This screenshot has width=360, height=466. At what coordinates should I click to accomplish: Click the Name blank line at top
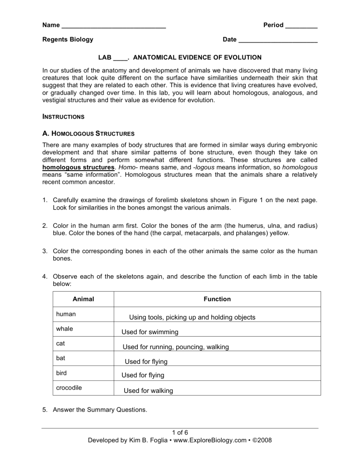point(113,26)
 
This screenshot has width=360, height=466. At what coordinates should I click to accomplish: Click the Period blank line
point(301,26)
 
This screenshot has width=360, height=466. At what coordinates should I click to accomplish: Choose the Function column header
point(217,299)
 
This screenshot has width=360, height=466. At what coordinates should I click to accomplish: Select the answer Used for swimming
point(150,332)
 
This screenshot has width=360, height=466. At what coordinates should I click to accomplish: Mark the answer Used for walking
point(148,391)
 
